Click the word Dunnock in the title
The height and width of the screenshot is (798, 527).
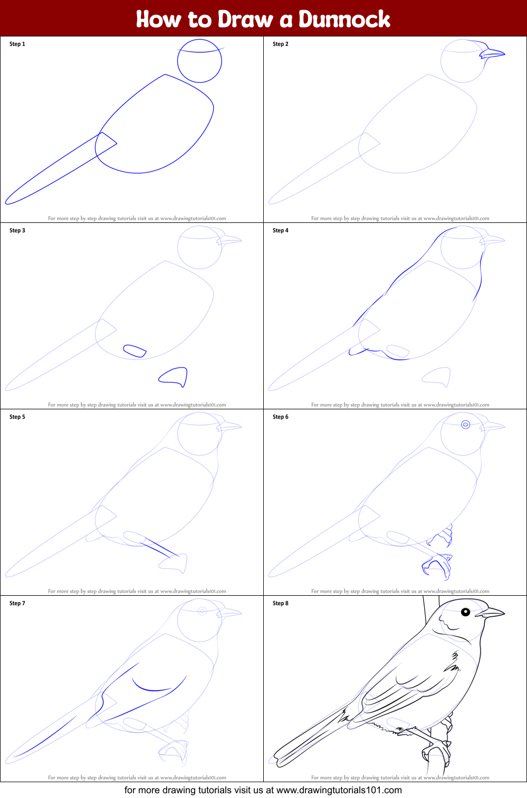click(344, 20)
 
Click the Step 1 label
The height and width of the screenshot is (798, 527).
click(17, 44)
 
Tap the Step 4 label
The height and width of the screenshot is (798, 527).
click(281, 230)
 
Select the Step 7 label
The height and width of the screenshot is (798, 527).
click(17, 603)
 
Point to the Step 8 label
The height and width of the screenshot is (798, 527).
click(281, 603)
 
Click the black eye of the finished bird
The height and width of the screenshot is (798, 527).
click(465, 612)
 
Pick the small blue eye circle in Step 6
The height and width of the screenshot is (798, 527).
click(465, 425)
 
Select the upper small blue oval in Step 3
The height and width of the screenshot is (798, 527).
click(135, 351)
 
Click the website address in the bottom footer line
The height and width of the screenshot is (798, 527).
click(339, 790)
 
